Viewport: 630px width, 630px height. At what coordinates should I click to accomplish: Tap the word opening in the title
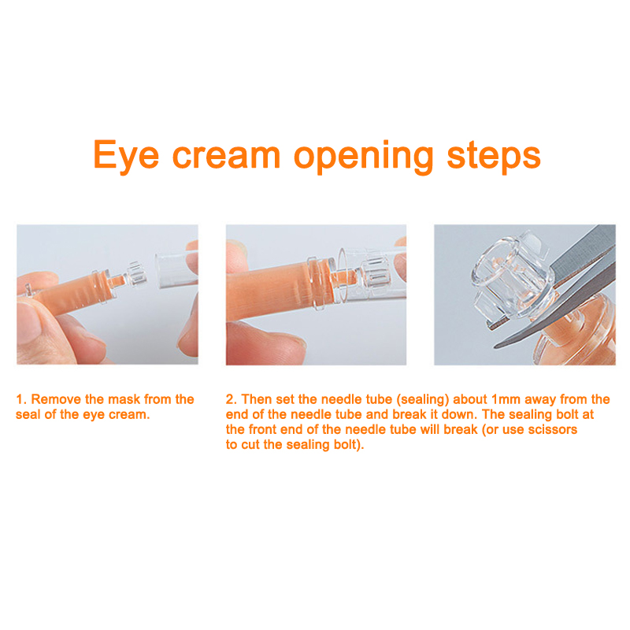(x=364, y=157)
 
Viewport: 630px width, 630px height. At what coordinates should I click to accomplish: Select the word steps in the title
(x=494, y=157)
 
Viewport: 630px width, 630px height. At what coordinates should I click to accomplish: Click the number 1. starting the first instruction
(x=21, y=399)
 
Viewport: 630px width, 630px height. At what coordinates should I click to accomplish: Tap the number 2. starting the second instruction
(x=232, y=399)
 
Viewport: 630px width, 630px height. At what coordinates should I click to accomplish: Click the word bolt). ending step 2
(x=348, y=445)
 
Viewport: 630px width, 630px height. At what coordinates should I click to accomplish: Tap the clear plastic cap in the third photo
(x=510, y=277)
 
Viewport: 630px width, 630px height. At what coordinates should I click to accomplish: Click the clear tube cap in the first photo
(x=176, y=269)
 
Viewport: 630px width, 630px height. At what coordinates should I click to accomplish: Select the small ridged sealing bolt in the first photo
(x=135, y=274)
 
